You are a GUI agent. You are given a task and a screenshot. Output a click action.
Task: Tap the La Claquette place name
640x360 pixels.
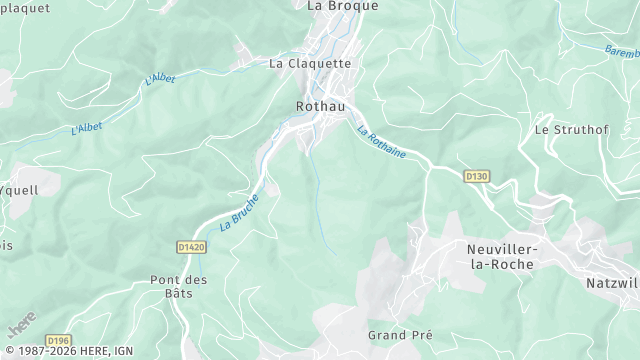click(310, 62)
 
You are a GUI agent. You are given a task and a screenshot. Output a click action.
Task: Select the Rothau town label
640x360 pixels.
click(321, 104)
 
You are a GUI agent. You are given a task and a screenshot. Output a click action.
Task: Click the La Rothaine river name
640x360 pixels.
click(380, 140)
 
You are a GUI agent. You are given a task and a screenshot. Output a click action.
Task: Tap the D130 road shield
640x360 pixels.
click(477, 176)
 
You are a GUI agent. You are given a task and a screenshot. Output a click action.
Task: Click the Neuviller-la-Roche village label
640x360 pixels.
click(500, 256)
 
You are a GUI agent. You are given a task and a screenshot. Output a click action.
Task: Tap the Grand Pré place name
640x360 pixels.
click(400, 335)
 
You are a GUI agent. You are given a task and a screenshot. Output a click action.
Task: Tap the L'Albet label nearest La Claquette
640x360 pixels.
click(160, 79)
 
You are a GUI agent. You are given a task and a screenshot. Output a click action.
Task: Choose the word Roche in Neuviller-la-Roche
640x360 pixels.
click(514, 264)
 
